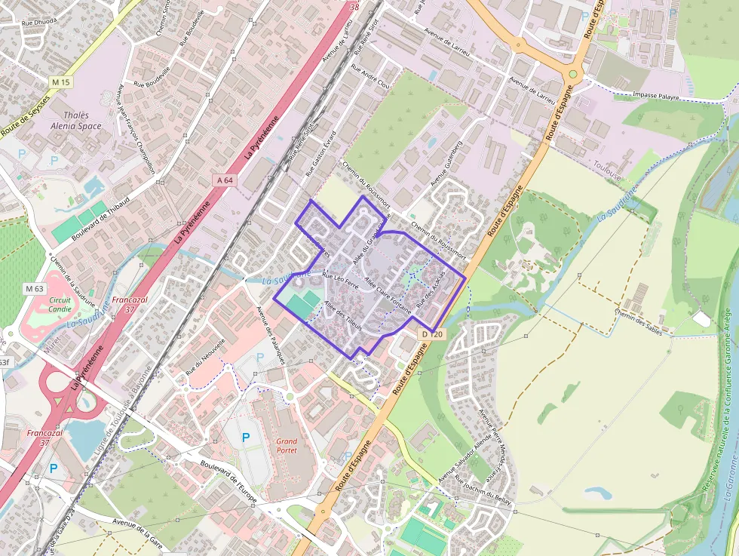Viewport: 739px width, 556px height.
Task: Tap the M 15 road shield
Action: tap(60, 81)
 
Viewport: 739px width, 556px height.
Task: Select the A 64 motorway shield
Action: tap(224, 180)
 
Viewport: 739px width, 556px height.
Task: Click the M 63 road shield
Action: tap(34, 288)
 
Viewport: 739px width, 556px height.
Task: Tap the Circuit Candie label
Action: tap(60, 304)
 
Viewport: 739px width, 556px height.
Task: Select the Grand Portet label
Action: tap(287, 445)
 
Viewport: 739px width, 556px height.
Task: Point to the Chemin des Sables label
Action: tap(642, 322)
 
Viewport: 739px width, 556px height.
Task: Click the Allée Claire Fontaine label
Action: tap(388, 294)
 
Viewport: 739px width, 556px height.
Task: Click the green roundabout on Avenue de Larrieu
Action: tap(572, 75)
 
